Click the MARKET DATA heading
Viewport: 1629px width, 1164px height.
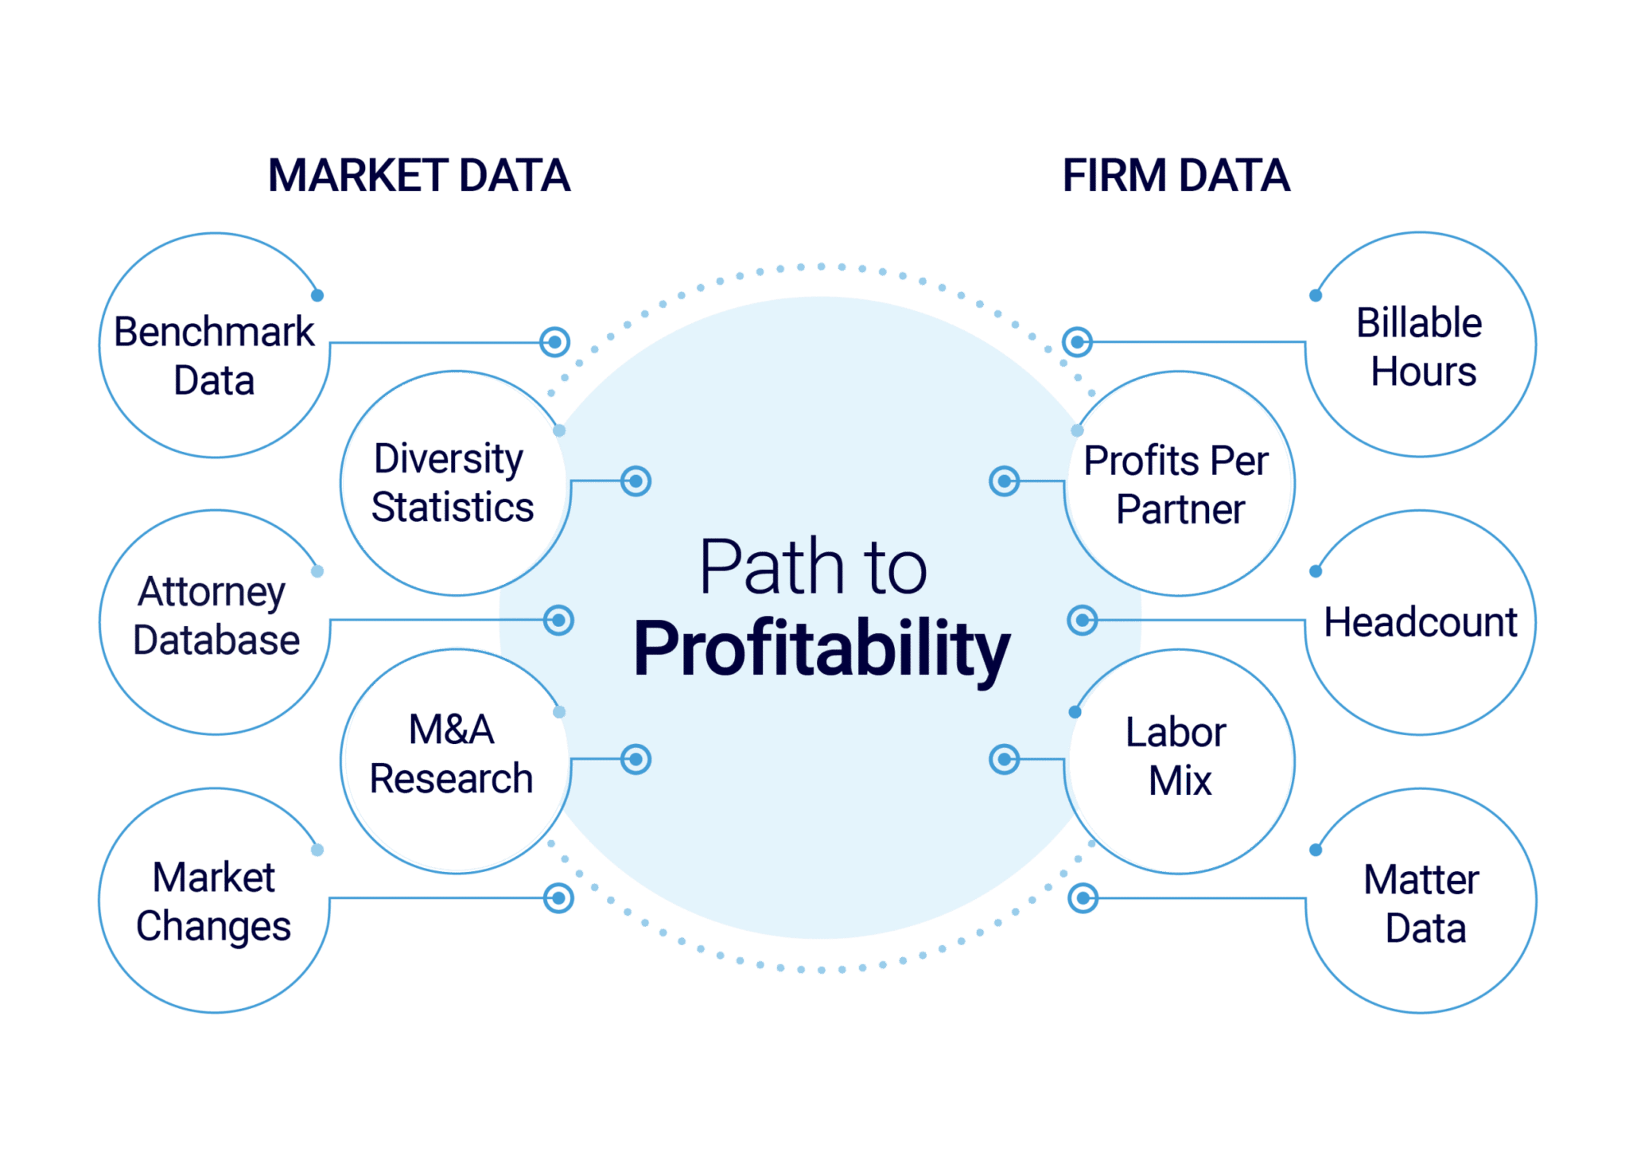(x=419, y=176)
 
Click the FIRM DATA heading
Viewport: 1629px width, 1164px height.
(x=1176, y=176)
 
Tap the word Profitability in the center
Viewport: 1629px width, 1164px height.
(x=822, y=649)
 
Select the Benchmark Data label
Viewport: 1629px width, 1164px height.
(x=214, y=356)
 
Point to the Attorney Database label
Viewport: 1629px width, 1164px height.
(x=216, y=616)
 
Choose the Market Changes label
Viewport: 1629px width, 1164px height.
(x=214, y=902)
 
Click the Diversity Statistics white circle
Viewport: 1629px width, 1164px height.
(x=453, y=483)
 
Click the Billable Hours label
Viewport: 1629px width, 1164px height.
(x=1421, y=348)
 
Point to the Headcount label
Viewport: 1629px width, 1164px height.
(x=1421, y=622)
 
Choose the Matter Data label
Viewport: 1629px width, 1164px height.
(x=1422, y=905)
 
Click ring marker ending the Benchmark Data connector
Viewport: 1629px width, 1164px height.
(x=554, y=342)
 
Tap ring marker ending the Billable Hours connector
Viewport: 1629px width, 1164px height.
(x=1077, y=342)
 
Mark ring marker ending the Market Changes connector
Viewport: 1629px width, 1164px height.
(x=558, y=897)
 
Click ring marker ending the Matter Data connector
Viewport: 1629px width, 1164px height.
(x=1083, y=898)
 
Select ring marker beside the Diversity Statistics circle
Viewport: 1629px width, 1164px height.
(x=636, y=481)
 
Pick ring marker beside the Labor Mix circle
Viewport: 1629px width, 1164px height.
(x=1004, y=759)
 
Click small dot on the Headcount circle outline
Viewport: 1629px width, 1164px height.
(x=1316, y=571)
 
